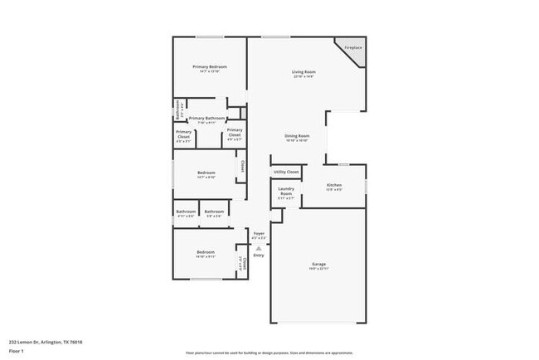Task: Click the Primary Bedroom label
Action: (210, 66)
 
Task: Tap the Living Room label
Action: (303, 72)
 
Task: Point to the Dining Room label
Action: (297, 136)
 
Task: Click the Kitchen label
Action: (334, 185)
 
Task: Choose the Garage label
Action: (319, 264)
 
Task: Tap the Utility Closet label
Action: (286, 172)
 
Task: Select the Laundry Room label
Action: (286, 191)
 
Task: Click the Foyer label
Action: (259, 234)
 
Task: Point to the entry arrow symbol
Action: (259, 247)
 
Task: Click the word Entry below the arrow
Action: (259, 255)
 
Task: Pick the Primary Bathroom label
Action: (206, 119)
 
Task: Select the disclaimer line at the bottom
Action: (269, 353)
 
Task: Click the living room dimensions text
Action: (303, 77)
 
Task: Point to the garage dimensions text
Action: (319, 269)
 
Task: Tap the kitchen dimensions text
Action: (334, 190)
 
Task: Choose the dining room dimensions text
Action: (297, 141)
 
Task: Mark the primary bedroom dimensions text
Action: (210, 71)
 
